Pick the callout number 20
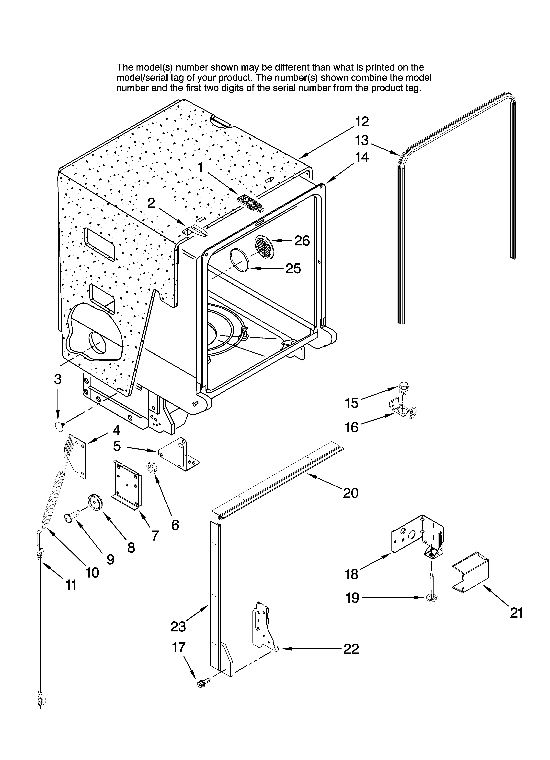click(351, 493)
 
